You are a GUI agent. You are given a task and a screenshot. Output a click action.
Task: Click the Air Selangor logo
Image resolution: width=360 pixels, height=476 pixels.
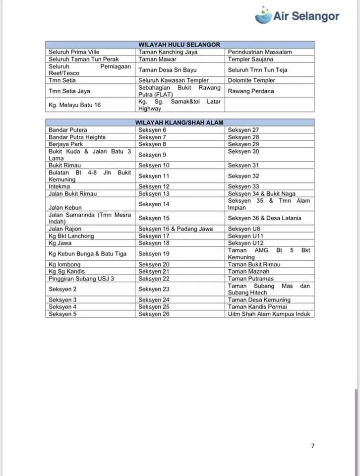tap(297, 15)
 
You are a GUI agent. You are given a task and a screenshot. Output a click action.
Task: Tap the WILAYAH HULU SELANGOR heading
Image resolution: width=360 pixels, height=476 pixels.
tap(179, 45)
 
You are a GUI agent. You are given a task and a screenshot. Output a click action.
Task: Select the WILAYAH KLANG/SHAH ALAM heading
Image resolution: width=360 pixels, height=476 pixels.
tap(179, 122)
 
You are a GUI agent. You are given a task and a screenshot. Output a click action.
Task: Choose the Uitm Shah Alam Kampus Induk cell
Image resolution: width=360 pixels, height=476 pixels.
tap(269, 314)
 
